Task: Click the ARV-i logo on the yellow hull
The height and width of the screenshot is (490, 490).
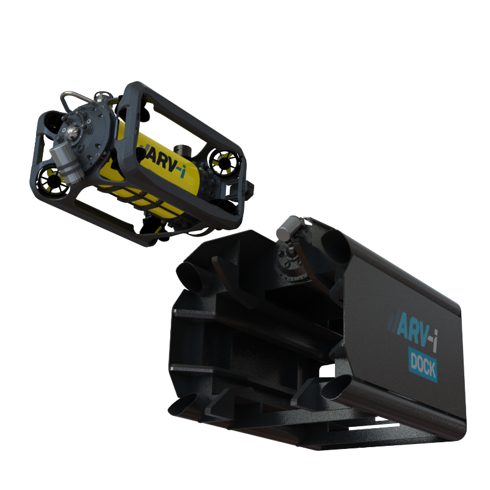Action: click(x=162, y=162)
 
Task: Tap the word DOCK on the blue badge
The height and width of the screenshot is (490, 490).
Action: click(x=423, y=365)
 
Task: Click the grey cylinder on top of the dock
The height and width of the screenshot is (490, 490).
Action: click(x=289, y=228)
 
